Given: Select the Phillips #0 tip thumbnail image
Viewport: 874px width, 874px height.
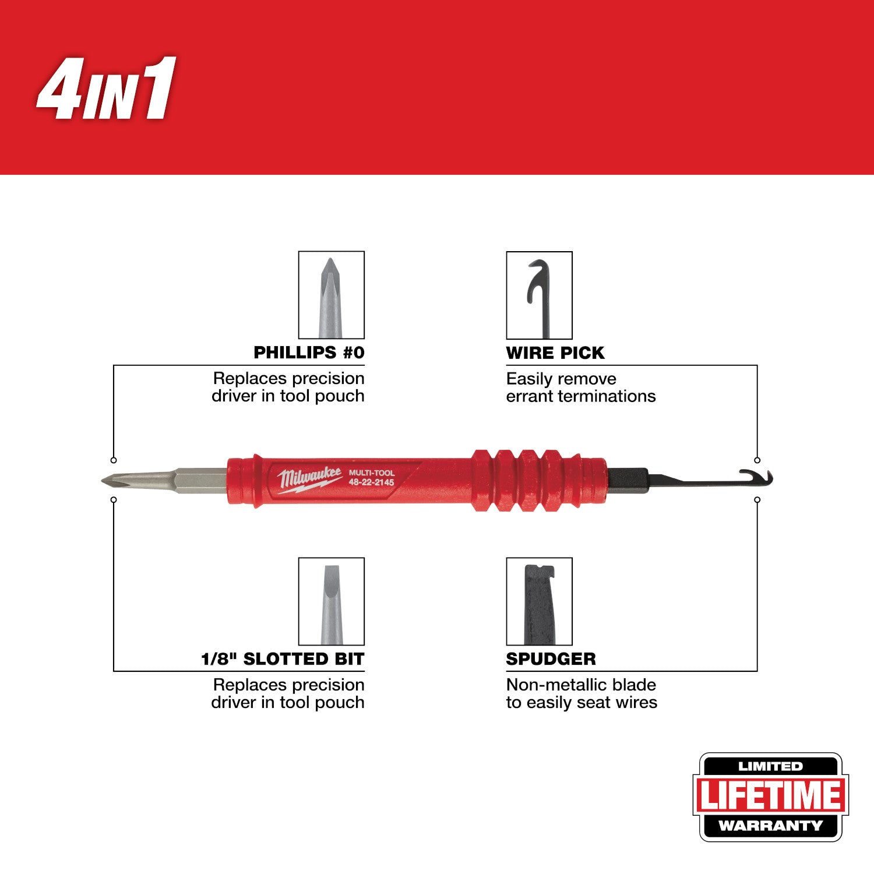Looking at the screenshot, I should coord(331,295).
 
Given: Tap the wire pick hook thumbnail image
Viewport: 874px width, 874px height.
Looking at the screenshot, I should coord(539,295).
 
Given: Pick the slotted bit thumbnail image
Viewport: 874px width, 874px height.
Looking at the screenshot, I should coord(331,601).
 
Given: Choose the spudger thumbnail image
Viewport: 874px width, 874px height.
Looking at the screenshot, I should coord(539,601).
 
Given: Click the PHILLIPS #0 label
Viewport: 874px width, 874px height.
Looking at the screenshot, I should coord(309,353).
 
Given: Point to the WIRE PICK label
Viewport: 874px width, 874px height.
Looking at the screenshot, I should coord(555,353).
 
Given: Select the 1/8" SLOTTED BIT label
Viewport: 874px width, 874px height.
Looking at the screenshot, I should coord(283,659).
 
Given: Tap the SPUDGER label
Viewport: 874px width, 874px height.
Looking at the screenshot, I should coord(551,659).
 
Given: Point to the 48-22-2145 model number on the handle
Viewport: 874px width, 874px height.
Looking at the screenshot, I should coord(371,482).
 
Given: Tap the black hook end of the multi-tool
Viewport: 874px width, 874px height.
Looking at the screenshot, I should coord(757,477).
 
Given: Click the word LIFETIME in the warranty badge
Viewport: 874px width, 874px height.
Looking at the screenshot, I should coord(770,796).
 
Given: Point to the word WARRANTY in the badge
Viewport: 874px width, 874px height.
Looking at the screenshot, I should coord(770,826).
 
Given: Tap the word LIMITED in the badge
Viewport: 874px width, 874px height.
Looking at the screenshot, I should coord(770,767).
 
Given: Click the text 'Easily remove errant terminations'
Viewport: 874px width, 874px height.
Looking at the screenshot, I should coord(580,387).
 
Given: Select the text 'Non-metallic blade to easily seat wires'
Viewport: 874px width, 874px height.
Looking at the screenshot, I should coord(581,693).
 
